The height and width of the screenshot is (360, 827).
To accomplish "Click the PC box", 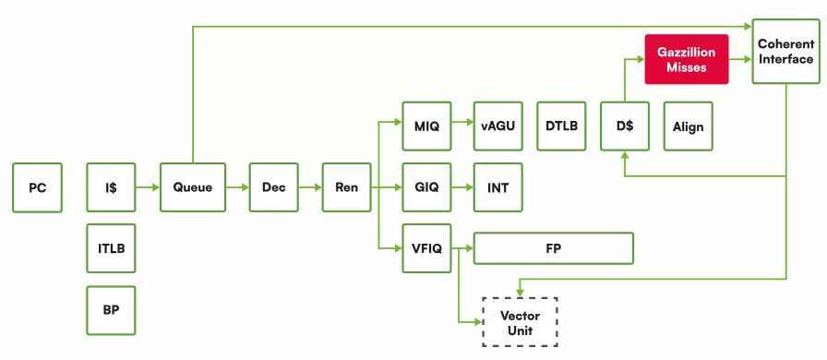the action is pos(38,187).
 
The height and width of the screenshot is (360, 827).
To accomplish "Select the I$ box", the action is pos(111,187).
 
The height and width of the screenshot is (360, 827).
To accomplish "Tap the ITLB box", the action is pos(111,248).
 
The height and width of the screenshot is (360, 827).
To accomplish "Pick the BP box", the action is pos(111,310).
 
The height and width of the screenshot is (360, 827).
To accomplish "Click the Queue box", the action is pos(193,187).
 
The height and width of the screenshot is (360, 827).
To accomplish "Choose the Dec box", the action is pos(274,187).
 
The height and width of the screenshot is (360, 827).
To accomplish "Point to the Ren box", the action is pos(346,187).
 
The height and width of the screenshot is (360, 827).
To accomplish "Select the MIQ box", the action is pos(426,126).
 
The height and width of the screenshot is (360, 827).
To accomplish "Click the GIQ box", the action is pos(426,187).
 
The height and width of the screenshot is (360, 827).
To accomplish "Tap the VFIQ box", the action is pos(426,248).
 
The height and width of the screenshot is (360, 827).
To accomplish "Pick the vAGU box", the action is pos(497,126).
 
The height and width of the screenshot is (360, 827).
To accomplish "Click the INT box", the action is pos(497,187).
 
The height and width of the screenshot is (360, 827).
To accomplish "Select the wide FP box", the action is pos(553,248).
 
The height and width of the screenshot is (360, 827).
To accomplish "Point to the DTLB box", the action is pos(562,126).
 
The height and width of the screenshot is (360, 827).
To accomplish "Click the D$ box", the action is pos(625,126).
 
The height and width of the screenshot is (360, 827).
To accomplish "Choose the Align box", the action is pos(689,126).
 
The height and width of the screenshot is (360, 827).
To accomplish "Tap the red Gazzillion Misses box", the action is pos(687,59).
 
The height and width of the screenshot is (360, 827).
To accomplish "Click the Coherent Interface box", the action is pos(785,51).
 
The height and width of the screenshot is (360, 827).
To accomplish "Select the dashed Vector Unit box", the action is pos(520,322).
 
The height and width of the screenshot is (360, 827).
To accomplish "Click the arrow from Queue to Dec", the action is pos(237,187).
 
